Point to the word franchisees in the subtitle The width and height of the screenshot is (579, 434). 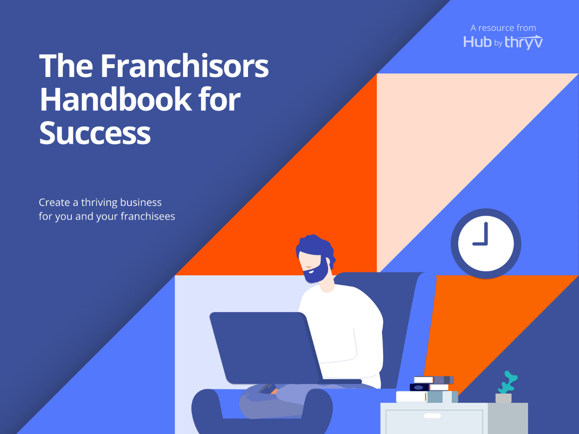(147, 216)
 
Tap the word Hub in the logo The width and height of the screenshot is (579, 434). (478, 42)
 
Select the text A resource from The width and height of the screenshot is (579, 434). (503, 28)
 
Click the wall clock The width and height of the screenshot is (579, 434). (486, 244)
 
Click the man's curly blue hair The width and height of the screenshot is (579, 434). (316, 246)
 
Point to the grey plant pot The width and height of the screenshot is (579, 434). (503, 398)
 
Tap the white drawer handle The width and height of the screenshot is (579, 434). (432, 416)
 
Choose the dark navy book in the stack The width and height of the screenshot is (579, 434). (420, 387)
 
